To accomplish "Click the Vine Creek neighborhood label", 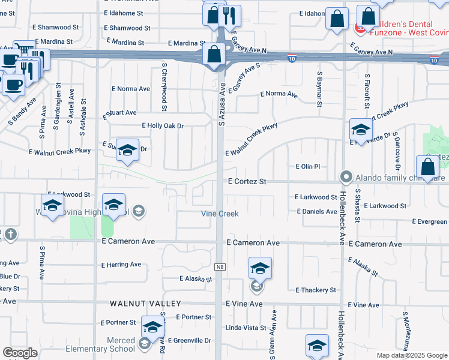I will [x=219, y=214].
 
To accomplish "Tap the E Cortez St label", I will [x=247, y=181].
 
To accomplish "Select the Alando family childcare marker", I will [x=346, y=177].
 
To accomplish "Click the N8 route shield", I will [x=220, y=266].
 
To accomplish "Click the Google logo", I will [x=20, y=353].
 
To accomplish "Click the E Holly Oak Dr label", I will [x=162, y=125].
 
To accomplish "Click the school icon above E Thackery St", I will [x=260, y=268].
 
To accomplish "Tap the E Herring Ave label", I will [x=121, y=265].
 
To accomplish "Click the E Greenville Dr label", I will [x=190, y=340].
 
